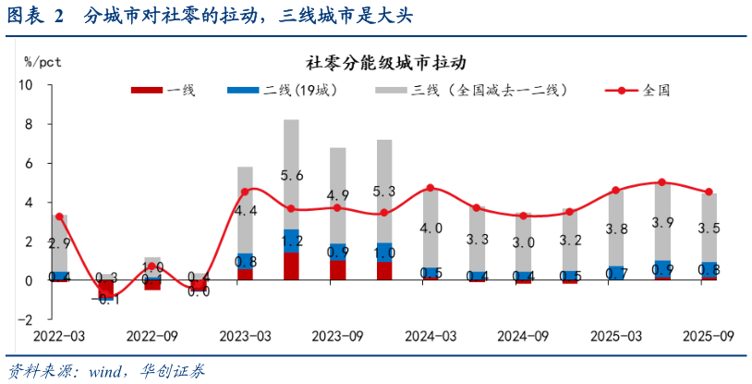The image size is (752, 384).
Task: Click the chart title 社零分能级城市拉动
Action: (x=385, y=64)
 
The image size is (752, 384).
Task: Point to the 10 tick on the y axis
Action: (x=25, y=85)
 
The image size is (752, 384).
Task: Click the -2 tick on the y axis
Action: (x=25, y=319)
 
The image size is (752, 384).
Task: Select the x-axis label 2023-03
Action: (x=245, y=335)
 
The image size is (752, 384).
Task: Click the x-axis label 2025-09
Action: (x=708, y=335)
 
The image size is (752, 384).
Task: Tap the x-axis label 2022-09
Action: (x=152, y=335)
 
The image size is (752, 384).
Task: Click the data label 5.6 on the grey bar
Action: (x=291, y=175)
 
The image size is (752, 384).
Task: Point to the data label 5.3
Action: (x=384, y=192)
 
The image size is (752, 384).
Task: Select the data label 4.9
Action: (x=338, y=195)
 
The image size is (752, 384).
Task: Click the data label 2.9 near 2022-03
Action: (x=60, y=244)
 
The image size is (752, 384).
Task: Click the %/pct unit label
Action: (x=42, y=61)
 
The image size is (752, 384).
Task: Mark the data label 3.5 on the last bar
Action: (x=709, y=229)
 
